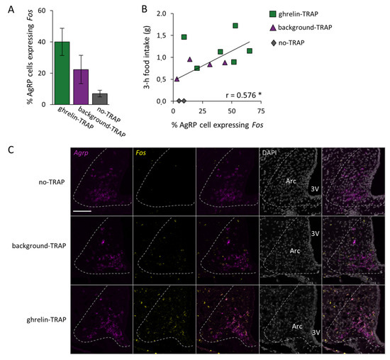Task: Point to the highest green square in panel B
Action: point(235,26)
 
